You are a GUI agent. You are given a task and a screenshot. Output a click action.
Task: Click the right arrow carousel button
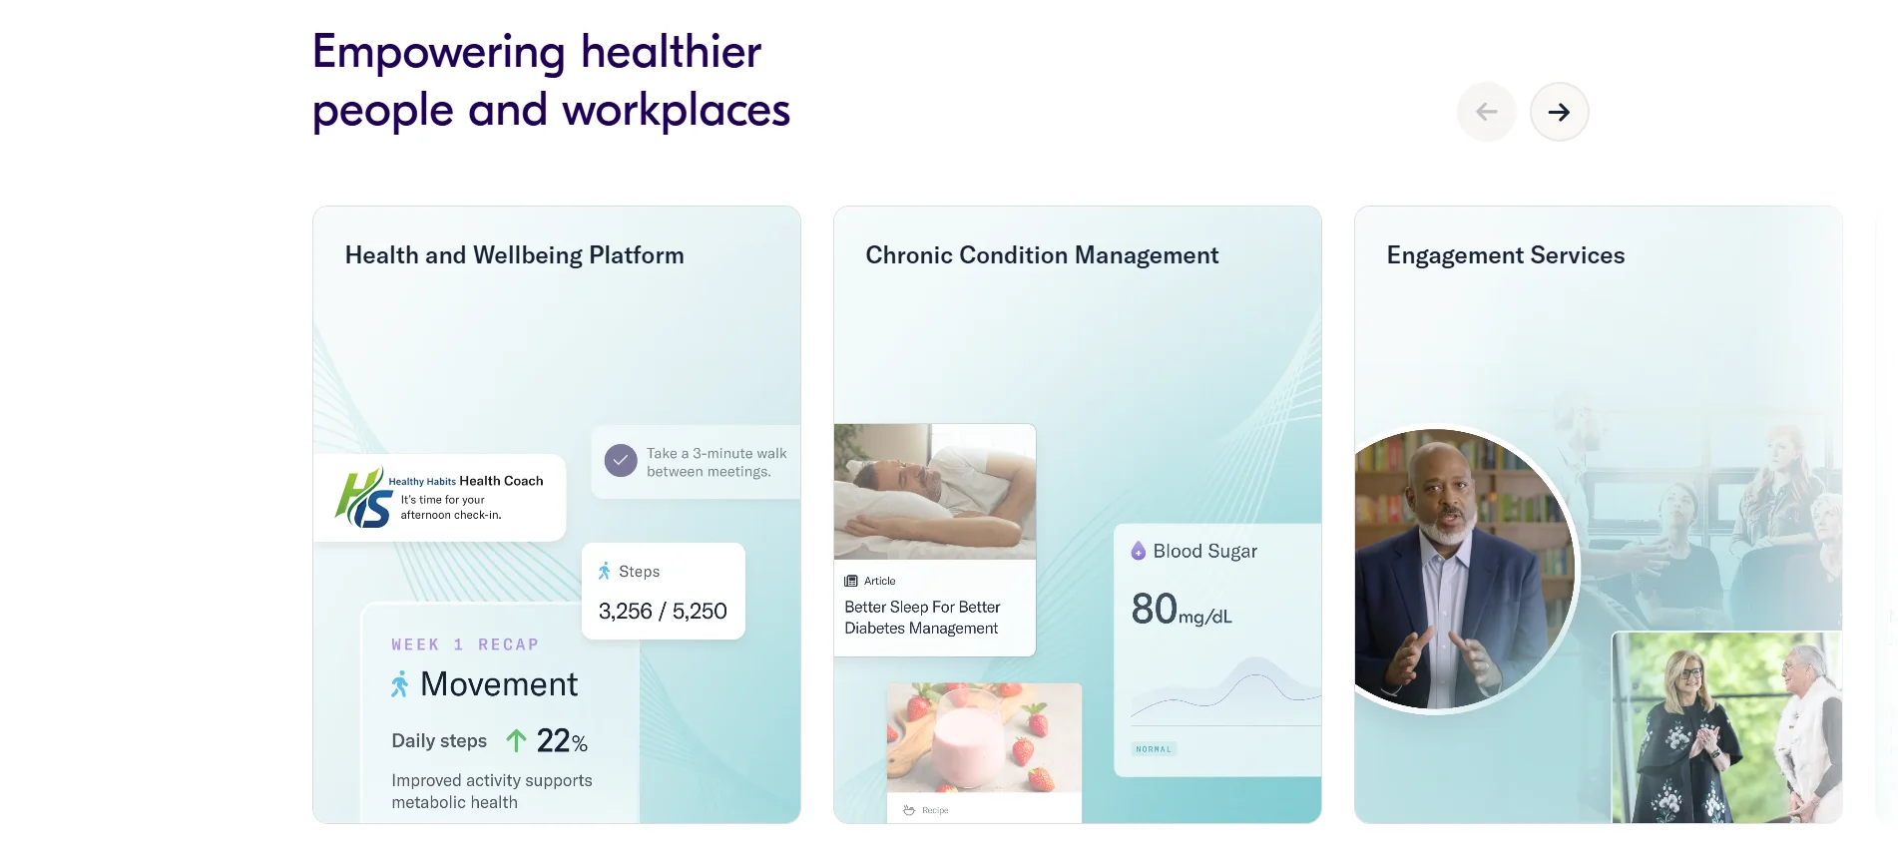1559,112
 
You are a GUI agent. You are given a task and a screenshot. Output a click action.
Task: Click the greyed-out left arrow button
1487,112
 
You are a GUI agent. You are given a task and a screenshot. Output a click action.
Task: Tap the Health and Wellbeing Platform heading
515,255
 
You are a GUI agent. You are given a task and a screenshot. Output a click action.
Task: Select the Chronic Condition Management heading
1042,255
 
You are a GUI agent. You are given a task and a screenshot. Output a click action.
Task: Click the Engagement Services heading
1506,255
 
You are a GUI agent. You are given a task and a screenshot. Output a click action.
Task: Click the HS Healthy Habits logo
363,498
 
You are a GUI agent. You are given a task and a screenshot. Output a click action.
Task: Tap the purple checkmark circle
621,460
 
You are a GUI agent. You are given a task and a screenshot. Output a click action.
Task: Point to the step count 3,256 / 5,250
663,611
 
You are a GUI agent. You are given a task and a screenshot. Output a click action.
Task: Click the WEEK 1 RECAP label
465,645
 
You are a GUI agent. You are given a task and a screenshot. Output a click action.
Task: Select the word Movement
499,684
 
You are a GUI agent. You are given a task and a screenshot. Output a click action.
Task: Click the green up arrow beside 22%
516,740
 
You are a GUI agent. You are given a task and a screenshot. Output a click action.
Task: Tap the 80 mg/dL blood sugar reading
1182,609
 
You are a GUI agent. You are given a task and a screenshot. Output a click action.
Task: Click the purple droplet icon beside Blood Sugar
1138,551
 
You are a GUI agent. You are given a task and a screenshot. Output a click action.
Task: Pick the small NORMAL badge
1154,749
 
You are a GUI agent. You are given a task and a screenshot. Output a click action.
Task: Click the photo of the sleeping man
935,492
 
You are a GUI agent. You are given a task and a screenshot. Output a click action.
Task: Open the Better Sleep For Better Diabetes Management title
922,618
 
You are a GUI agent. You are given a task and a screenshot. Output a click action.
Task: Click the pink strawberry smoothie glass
967,738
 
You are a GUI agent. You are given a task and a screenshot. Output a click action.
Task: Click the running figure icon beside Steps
604,572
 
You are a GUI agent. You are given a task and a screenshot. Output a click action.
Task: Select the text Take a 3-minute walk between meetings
716,463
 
